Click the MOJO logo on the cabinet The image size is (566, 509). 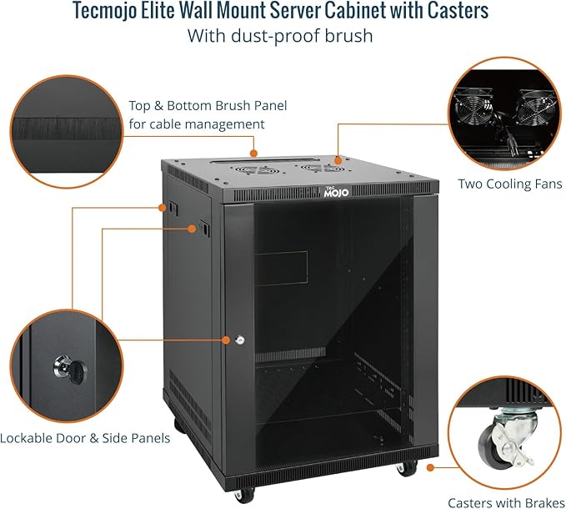coord(337,192)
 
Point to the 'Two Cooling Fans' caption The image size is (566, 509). coord(510,184)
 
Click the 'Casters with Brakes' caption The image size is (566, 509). coord(497,502)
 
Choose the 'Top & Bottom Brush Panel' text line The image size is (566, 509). coord(208,106)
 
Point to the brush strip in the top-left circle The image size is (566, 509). coord(67,130)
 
